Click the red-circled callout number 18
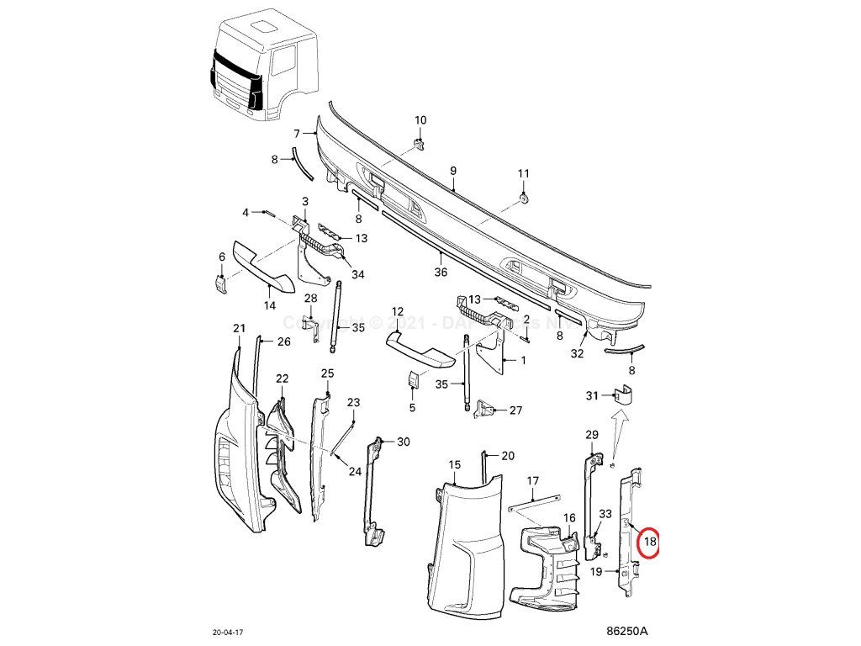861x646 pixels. [x=649, y=543]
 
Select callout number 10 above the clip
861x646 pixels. [x=420, y=120]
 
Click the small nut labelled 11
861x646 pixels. [x=523, y=197]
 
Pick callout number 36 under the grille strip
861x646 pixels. [x=441, y=272]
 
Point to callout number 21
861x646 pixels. [x=238, y=328]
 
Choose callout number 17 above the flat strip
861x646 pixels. [x=532, y=481]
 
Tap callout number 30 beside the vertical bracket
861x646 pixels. [x=404, y=442]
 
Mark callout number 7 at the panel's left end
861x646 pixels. [x=297, y=134]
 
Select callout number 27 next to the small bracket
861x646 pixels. [x=515, y=410]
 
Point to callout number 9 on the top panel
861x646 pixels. [x=452, y=171]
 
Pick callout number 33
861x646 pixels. [x=605, y=513]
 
